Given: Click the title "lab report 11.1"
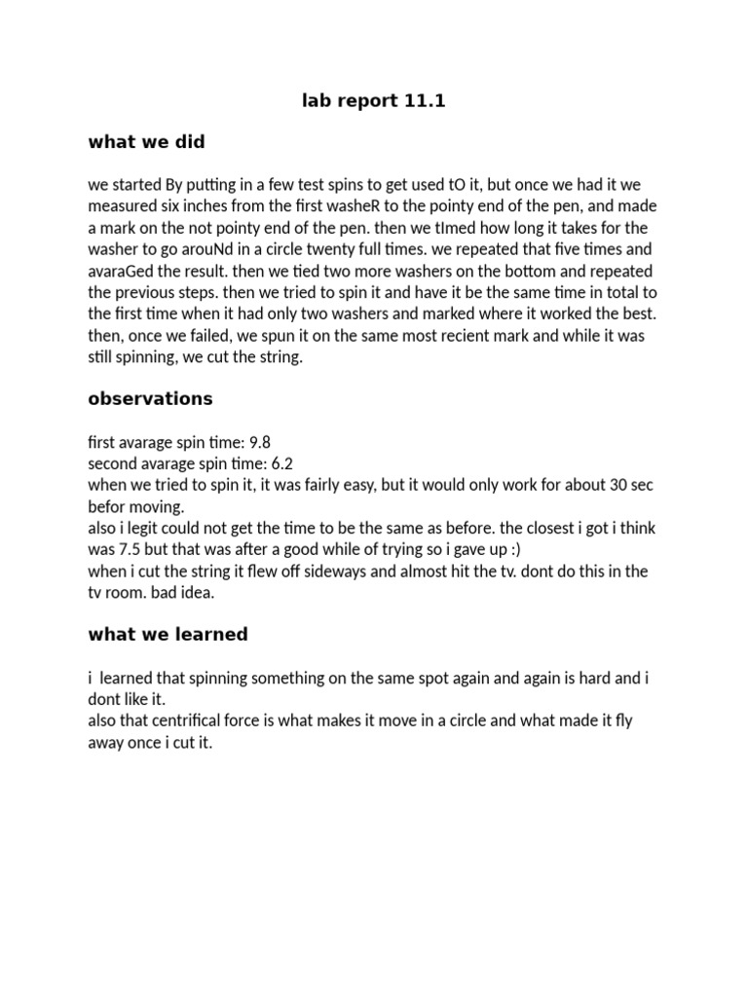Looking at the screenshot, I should pyautogui.click(x=374, y=100).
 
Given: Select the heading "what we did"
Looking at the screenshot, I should pyautogui.click(x=146, y=142).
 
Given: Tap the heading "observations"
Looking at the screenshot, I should pyautogui.click(x=150, y=399).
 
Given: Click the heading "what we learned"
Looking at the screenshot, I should pyautogui.click(x=168, y=635).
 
